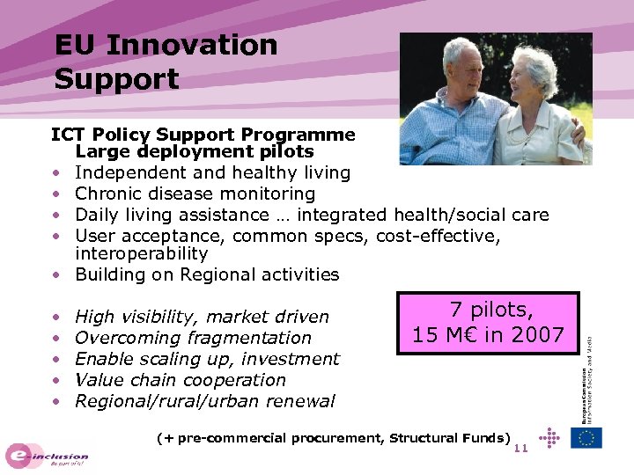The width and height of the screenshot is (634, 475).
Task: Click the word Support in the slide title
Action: (116, 79)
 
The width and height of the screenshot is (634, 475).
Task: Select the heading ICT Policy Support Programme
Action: (203, 135)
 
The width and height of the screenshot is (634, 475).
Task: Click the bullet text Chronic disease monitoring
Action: (195, 194)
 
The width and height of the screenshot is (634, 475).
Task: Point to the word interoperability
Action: (141, 253)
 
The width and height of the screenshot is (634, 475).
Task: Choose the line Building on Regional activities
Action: (207, 274)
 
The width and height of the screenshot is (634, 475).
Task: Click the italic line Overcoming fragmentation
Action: (193, 338)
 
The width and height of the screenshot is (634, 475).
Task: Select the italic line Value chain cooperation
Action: (181, 380)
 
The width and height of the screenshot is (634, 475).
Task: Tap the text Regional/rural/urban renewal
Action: (204, 401)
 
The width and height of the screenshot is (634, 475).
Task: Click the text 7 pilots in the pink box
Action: (490, 311)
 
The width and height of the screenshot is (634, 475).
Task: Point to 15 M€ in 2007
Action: (489, 335)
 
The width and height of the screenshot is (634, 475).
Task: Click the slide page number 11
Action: (520, 449)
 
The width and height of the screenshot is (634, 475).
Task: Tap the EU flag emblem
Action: (586, 437)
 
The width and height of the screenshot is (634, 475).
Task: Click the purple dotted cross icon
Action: (548, 437)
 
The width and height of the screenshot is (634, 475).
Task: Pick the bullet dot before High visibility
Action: (55, 317)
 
